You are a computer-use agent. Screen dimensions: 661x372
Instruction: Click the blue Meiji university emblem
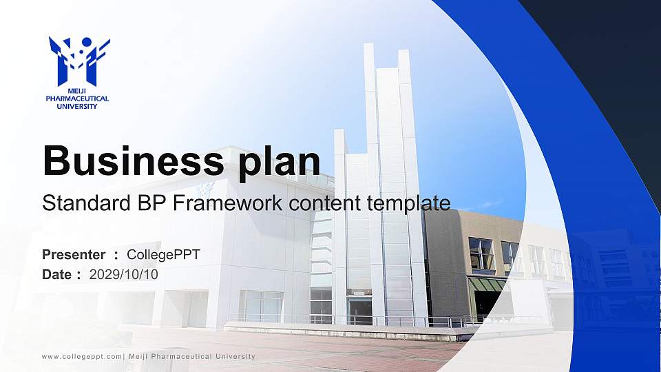pyautogui.click(x=79, y=61)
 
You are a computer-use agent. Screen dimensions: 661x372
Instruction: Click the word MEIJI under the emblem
pyautogui.click(x=77, y=91)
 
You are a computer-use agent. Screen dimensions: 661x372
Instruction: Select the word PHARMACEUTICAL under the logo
pyautogui.click(x=77, y=99)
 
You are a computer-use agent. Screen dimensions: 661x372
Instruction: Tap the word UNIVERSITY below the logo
pyautogui.click(x=77, y=106)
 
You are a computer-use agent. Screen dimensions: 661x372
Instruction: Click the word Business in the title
pyautogui.click(x=134, y=161)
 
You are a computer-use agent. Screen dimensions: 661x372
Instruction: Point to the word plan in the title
pyautogui.click(x=279, y=163)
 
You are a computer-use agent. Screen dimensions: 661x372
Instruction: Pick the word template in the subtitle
pyautogui.click(x=408, y=204)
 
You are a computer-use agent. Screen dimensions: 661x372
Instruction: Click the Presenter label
pyautogui.click(x=74, y=255)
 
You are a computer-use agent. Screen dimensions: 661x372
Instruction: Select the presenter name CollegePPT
pyautogui.click(x=164, y=255)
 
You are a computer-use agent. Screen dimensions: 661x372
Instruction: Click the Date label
pyautogui.click(x=56, y=275)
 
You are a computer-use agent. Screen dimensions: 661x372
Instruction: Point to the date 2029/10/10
pyautogui.click(x=124, y=275)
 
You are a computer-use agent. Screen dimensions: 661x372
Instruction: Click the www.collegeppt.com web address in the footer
pyautogui.click(x=82, y=357)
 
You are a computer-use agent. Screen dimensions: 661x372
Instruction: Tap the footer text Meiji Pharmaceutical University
pyautogui.click(x=192, y=357)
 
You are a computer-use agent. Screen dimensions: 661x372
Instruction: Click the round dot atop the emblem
pyautogui.click(x=87, y=42)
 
